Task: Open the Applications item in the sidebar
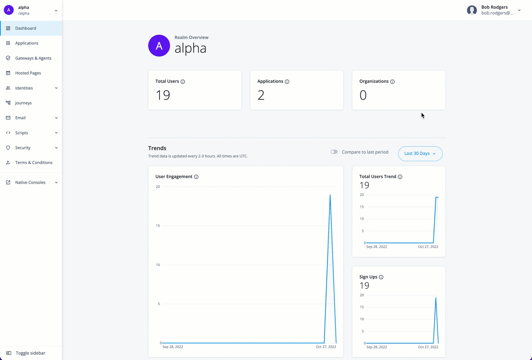pyautogui.click(x=27, y=43)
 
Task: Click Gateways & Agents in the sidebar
pyautogui.click(x=33, y=58)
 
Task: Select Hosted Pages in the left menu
pyautogui.click(x=28, y=73)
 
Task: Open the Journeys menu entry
pyautogui.click(x=23, y=103)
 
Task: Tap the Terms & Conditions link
pyautogui.click(x=34, y=162)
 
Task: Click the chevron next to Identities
pyautogui.click(x=56, y=88)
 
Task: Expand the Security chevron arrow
pyautogui.click(x=56, y=148)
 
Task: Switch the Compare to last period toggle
pyautogui.click(x=334, y=152)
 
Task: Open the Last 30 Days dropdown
pyautogui.click(x=420, y=154)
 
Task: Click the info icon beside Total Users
pyautogui.click(x=183, y=82)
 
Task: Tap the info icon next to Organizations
pyautogui.click(x=392, y=82)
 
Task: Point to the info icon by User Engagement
pyautogui.click(x=196, y=177)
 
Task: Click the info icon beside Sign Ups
pyautogui.click(x=381, y=277)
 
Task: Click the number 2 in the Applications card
pyautogui.click(x=261, y=95)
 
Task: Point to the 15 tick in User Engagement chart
pyautogui.click(x=158, y=226)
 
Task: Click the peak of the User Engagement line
pyautogui.click(x=330, y=195)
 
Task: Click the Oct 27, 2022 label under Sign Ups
pyautogui.click(x=428, y=347)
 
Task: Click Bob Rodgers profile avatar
pyautogui.click(x=472, y=10)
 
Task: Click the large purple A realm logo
pyautogui.click(x=159, y=46)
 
